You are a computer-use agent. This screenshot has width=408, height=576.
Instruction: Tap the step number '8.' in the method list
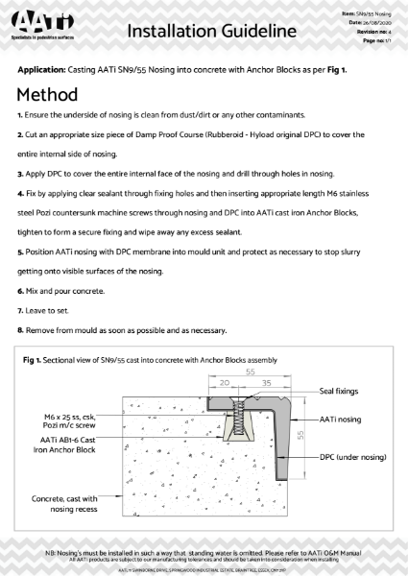(x=20, y=331)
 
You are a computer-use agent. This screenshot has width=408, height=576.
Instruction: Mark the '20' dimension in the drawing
(x=223, y=380)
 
